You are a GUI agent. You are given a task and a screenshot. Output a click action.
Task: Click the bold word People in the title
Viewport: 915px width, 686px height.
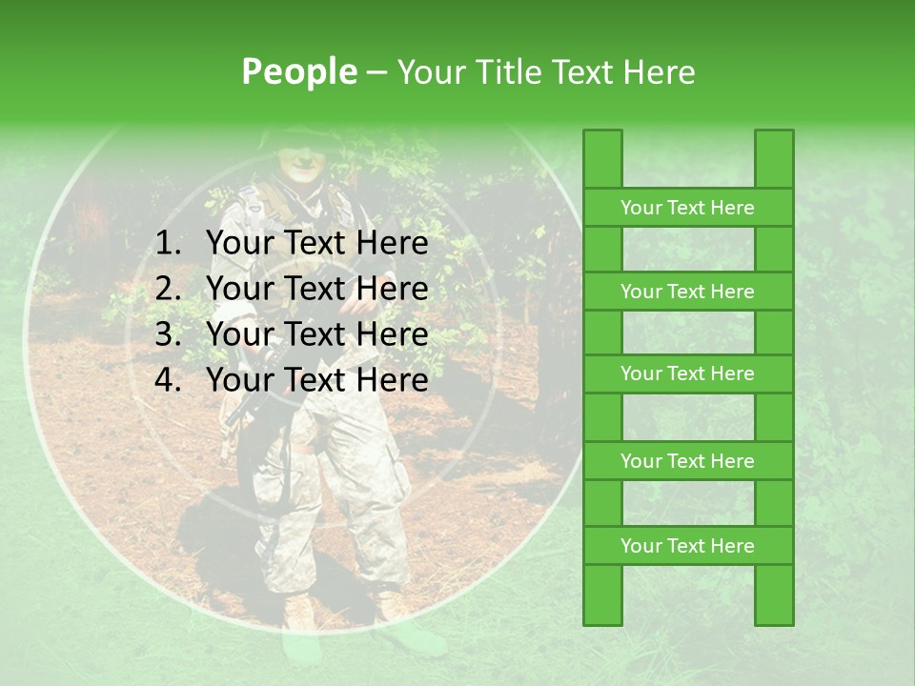pos(299,71)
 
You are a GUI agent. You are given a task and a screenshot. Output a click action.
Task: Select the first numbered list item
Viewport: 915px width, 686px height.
pos(316,244)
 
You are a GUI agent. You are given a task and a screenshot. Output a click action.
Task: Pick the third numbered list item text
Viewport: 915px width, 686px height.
pos(316,334)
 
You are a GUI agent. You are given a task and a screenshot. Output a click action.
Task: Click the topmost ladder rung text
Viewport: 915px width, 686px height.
pos(687,208)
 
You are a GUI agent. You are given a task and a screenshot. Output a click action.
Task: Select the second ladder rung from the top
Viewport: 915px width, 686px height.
pos(687,292)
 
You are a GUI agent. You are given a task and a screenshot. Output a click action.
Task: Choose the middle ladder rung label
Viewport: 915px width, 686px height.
pos(687,373)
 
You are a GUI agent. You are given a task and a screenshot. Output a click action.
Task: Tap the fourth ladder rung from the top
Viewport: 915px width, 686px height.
pos(687,461)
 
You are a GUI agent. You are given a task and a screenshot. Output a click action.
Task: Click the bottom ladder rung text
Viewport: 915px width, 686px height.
pos(687,546)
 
